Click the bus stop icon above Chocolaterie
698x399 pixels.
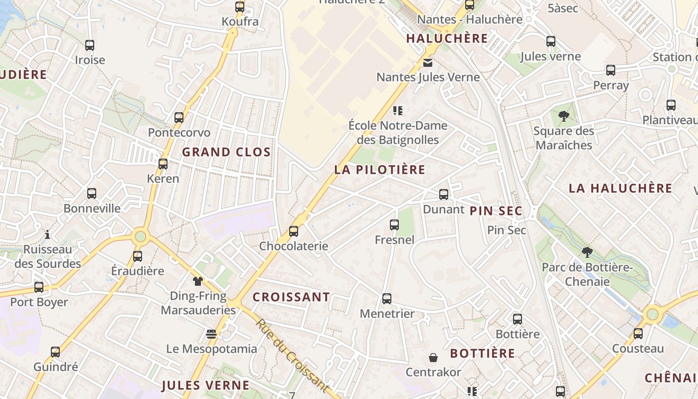coord(294,231)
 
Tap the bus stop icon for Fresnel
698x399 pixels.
coord(394,225)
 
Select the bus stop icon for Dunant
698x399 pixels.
coord(444,195)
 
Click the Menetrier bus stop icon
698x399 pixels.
coord(387,299)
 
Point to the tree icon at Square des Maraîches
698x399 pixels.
coord(564,117)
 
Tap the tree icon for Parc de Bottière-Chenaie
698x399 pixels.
coord(587,252)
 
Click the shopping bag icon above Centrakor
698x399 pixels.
coord(433,358)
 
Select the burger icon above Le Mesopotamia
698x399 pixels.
coord(212,334)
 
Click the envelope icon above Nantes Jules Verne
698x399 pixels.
coord(427,63)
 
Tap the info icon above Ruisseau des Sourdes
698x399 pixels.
coord(48,234)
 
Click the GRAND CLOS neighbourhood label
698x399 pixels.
coord(226,152)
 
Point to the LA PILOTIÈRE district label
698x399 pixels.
coord(380,170)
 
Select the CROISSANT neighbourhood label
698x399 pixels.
coord(291,297)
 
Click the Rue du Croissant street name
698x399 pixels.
coord(293,355)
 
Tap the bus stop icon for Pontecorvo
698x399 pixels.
coord(179,118)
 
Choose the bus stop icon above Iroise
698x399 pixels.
coord(90,45)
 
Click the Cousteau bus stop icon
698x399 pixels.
coord(638,334)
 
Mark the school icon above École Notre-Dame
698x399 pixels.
coord(397,110)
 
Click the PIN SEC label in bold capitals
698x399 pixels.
coord(496,210)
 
